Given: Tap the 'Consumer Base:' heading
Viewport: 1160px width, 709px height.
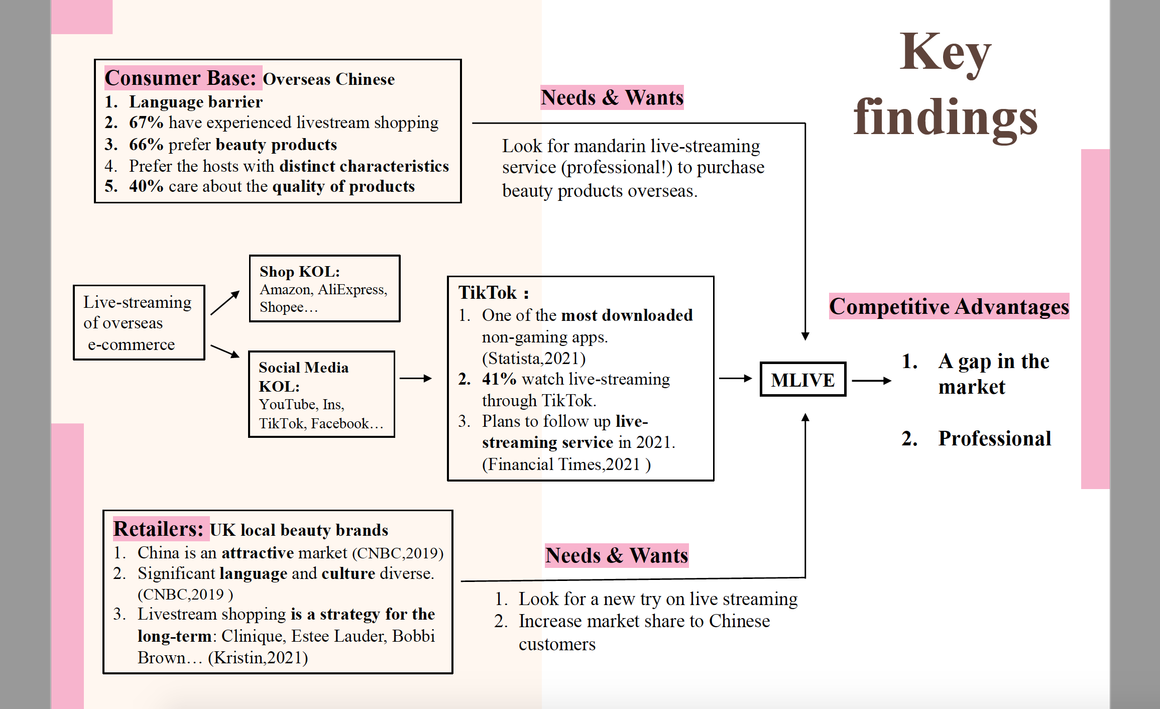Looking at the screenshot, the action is [181, 78].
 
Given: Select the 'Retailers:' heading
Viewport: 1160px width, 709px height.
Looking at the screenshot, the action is [158, 529].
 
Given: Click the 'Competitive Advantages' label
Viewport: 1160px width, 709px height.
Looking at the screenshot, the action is [949, 306].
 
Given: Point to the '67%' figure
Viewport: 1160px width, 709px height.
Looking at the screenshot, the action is [146, 122].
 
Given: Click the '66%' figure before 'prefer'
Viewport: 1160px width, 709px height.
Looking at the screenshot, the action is [146, 144].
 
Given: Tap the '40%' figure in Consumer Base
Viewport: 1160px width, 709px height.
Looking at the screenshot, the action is [146, 186].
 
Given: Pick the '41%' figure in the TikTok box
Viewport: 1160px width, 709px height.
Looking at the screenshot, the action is [499, 379].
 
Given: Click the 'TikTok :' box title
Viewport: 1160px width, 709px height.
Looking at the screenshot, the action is [494, 292].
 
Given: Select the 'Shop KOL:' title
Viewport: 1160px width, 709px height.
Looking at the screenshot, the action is [300, 272].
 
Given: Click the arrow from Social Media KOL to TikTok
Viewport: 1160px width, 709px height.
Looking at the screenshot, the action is [416, 379].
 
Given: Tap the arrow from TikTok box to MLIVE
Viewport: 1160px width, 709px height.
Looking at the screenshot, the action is [736, 379].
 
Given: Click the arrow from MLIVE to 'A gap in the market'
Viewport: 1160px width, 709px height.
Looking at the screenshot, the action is [872, 381].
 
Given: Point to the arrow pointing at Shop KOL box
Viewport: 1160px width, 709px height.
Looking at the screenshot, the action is [225, 303].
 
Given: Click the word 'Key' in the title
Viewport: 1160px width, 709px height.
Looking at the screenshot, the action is [946, 53].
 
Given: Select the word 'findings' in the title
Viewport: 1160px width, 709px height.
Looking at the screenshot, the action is [946, 118].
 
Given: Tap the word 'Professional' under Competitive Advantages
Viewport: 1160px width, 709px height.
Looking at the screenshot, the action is [995, 438].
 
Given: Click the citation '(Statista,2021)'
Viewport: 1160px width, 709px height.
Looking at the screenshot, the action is [534, 358].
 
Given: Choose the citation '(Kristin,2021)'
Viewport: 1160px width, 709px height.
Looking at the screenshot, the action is [258, 657].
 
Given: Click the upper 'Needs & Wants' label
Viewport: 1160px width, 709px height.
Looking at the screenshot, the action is [612, 97].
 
